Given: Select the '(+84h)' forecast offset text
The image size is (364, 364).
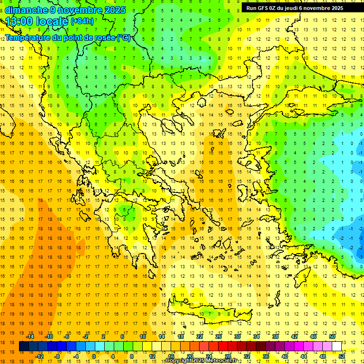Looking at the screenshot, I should [82, 21].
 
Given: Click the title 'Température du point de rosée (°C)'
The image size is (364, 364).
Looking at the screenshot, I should [68, 37].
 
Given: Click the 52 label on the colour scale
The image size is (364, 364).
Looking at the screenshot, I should [342, 356].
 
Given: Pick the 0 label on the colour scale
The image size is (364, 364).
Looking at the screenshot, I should [93, 356].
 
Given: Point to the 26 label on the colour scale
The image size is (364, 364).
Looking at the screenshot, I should [218, 336].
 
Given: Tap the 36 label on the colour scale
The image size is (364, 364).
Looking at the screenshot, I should [265, 356].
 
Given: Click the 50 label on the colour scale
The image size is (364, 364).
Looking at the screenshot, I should [332, 336].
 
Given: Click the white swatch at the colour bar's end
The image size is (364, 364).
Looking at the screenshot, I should [337, 346].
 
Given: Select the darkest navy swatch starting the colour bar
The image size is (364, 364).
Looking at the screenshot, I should [24, 346].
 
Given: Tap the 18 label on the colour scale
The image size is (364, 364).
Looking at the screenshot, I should [181, 336].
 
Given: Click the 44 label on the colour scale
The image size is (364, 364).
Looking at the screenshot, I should [304, 356].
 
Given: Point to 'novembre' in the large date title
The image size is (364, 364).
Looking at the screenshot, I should [79, 10].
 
